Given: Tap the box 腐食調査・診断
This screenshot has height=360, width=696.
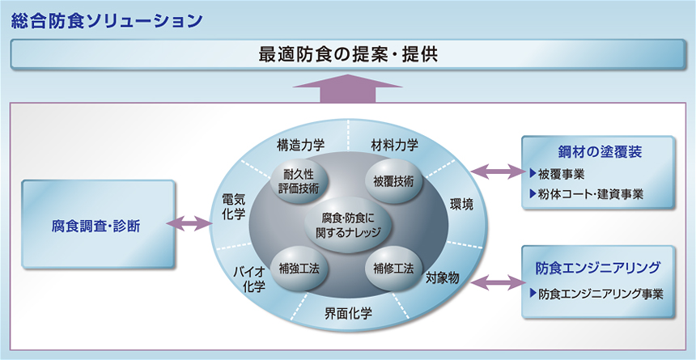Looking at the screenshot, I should tap(99, 225).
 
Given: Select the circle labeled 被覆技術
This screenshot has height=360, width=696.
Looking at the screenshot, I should tap(394, 180).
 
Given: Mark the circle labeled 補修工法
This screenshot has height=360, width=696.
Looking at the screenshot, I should tap(394, 268).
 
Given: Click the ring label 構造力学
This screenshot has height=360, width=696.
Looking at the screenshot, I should tap(300, 146).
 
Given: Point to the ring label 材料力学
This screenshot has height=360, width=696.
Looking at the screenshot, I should tap(394, 146).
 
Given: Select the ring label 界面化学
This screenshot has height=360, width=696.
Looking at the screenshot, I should tap(347, 313).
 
